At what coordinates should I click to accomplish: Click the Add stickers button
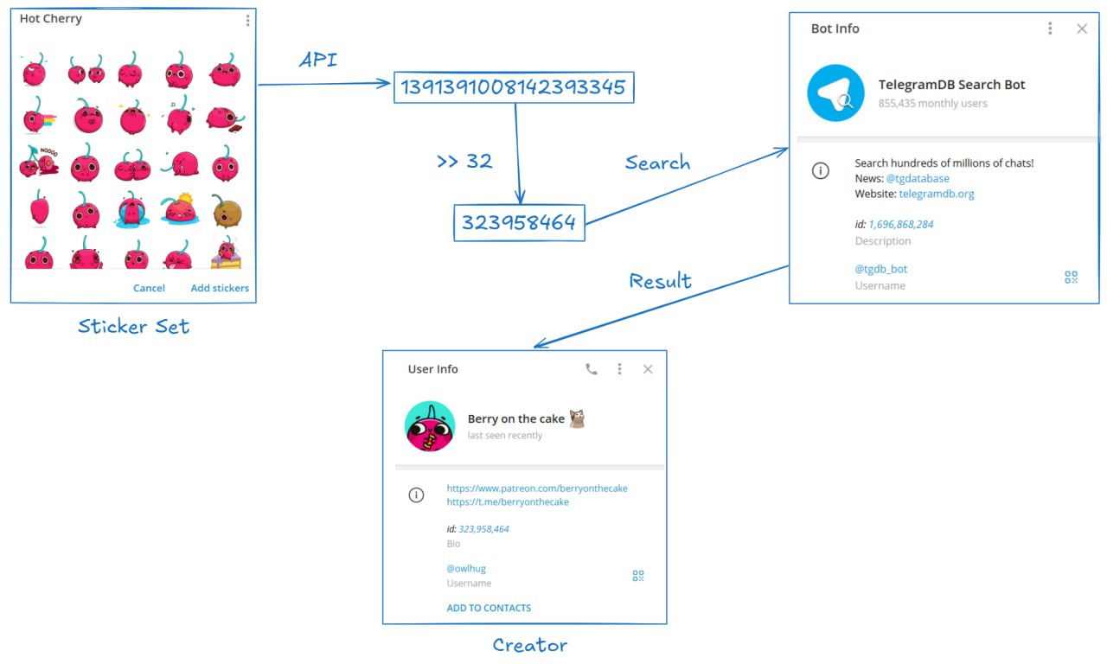point(220,288)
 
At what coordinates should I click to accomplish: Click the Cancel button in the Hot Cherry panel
point(149,288)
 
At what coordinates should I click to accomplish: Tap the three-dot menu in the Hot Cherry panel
point(247,20)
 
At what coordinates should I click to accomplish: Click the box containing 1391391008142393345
point(514,87)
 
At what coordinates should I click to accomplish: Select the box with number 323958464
point(520,223)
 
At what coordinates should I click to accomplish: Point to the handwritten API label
point(318,60)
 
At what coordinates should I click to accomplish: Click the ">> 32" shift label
point(464,161)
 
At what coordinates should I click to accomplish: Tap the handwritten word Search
point(658,162)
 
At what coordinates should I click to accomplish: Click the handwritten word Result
point(660,281)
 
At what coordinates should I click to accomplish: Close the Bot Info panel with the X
point(1082,29)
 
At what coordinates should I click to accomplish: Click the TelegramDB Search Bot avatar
point(835,93)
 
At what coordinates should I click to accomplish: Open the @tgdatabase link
point(918,178)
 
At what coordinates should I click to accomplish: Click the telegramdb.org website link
point(937,194)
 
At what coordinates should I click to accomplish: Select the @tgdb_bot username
point(881,269)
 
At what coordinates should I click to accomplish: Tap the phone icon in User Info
point(591,369)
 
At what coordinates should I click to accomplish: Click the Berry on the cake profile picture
point(430,426)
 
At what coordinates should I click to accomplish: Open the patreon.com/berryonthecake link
point(537,488)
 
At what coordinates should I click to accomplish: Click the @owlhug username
point(466,568)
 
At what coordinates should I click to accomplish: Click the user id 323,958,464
point(483,529)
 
